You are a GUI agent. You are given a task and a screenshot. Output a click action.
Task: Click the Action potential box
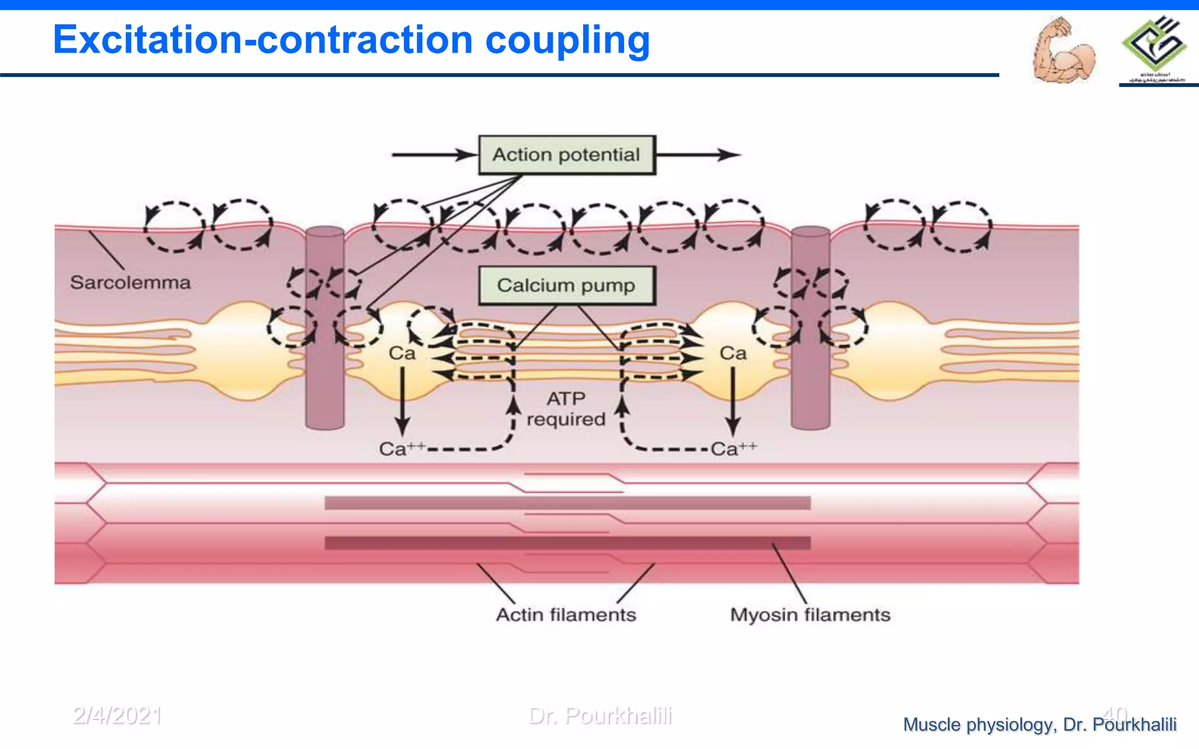tap(567, 155)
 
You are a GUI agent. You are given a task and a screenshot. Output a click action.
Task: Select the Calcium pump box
tap(567, 286)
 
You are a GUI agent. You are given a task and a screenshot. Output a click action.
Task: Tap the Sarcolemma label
tap(130, 283)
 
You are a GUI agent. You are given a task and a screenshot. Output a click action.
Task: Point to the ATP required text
tap(566, 409)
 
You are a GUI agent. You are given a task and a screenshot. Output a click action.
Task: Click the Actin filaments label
tap(566, 615)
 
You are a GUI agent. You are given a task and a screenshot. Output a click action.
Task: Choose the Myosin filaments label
tap(810, 615)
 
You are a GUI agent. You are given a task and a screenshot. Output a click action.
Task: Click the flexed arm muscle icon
tap(1063, 51)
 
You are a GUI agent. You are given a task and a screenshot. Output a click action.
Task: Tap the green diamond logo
tap(1154, 44)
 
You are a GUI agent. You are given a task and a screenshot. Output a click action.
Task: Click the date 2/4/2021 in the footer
tap(117, 716)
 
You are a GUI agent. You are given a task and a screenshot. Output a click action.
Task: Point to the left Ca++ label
tap(401, 449)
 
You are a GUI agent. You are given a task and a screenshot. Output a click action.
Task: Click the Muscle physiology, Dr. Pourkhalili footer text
tap(1039, 724)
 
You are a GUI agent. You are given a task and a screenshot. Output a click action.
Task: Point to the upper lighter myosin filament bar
tap(567, 503)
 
